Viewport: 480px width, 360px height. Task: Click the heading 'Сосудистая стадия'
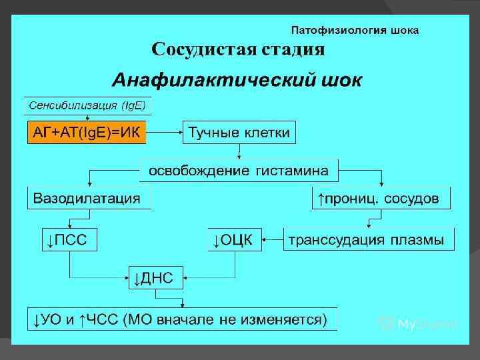click(x=238, y=49)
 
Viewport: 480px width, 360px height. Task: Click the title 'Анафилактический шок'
click(x=237, y=81)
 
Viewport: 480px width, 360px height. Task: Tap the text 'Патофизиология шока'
click(x=356, y=30)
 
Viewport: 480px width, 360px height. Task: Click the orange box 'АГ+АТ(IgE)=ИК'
click(x=86, y=133)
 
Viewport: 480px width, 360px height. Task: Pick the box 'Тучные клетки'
click(x=239, y=133)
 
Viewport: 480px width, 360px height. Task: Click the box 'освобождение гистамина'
click(x=238, y=170)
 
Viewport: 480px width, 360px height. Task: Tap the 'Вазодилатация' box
click(x=87, y=198)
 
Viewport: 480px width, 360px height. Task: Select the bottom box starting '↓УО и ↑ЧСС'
click(x=181, y=319)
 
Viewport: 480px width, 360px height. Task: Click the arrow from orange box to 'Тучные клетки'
click(x=165, y=133)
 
